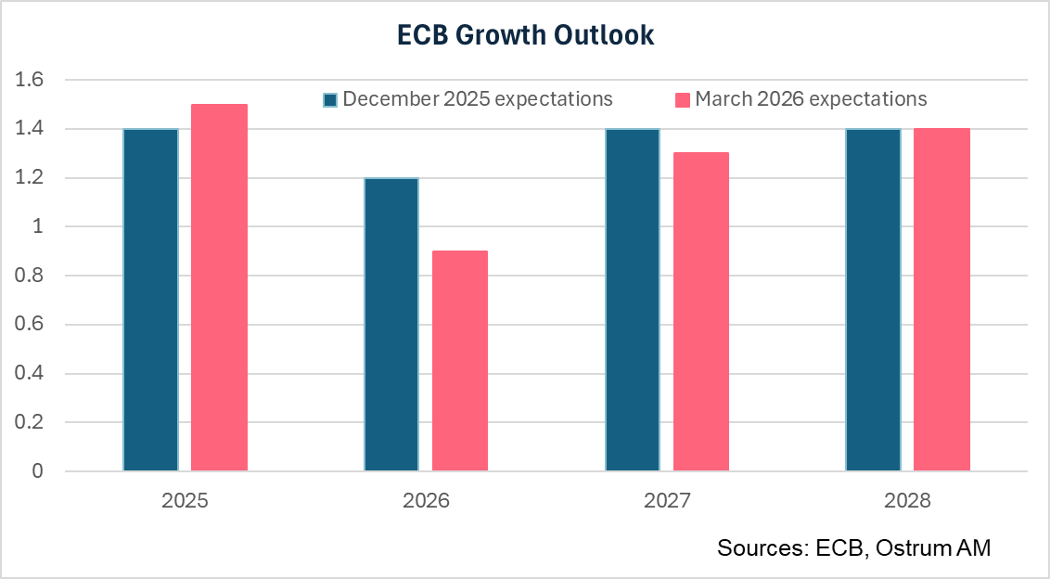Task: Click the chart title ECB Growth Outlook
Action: [x=525, y=34]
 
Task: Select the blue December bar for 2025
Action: [x=150, y=300]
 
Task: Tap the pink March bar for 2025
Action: [x=219, y=288]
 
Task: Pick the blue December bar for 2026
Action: [x=391, y=325]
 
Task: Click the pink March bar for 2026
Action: [x=459, y=361]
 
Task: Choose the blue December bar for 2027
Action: [x=632, y=300]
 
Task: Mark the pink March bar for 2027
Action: [x=700, y=312]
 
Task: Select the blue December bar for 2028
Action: [x=873, y=300]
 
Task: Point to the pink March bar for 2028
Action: [x=941, y=300]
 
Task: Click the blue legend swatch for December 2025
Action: [x=330, y=99]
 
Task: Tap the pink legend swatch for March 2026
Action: [x=683, y=99]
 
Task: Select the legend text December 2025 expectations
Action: [x=478, y=98]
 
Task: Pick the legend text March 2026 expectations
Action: [x=811, y=98]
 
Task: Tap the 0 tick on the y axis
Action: [x=38, y=471]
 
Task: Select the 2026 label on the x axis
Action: [x=425, y=501]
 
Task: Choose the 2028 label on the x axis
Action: [x=907, y=501]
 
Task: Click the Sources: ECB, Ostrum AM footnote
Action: [x=853, y=548]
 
